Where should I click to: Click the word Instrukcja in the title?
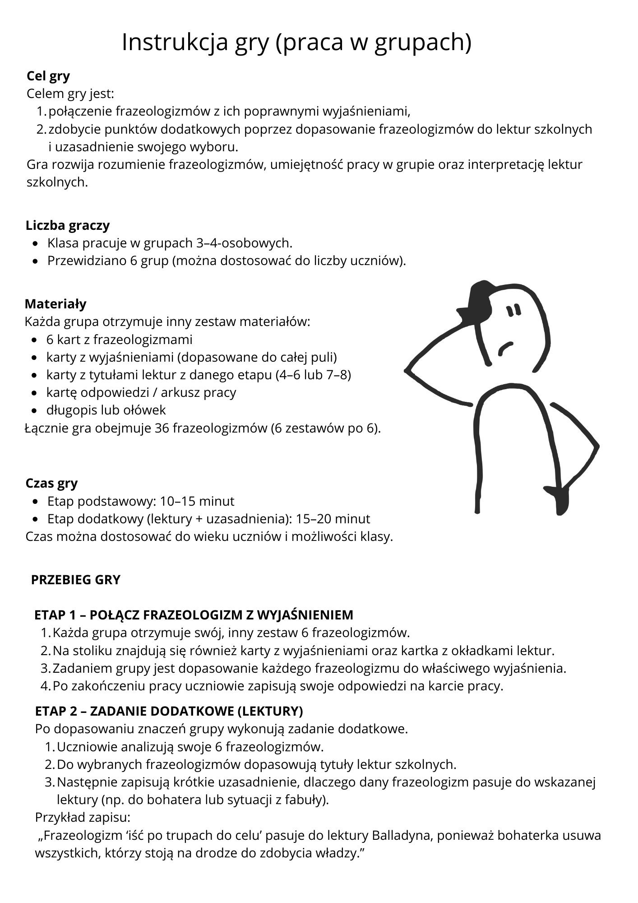click(174, 43)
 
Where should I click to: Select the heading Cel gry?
click(48, 76)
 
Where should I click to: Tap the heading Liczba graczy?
click(68, 225)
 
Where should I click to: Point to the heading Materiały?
click(55, 304)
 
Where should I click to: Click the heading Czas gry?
click(51, 483)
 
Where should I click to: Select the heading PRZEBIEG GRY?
click(76, 580)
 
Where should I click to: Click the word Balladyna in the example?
click(400, 835)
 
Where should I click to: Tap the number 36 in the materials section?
click(162, 428)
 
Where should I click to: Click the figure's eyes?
click(513, 311)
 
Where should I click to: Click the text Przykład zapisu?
click(83, 818)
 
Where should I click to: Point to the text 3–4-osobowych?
click(245, 243)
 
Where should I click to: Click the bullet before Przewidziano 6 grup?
click(36, 261)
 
